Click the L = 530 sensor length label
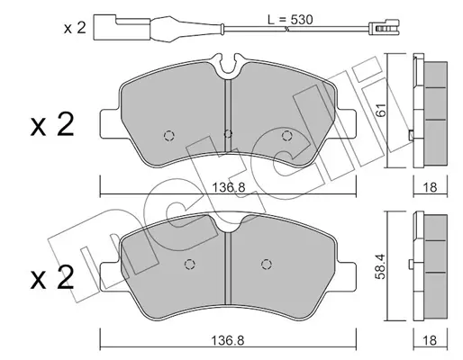[x=290, y=20]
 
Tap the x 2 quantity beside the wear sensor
[x=75, y=28]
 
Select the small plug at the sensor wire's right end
[x=384, y=28]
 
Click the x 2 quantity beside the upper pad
[x=52, y=125]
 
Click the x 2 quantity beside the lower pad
[x=52, y=278]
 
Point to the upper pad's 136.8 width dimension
[x=229, y=188]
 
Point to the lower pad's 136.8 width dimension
[x=228, y=340]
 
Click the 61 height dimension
[x=380, y=110]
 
